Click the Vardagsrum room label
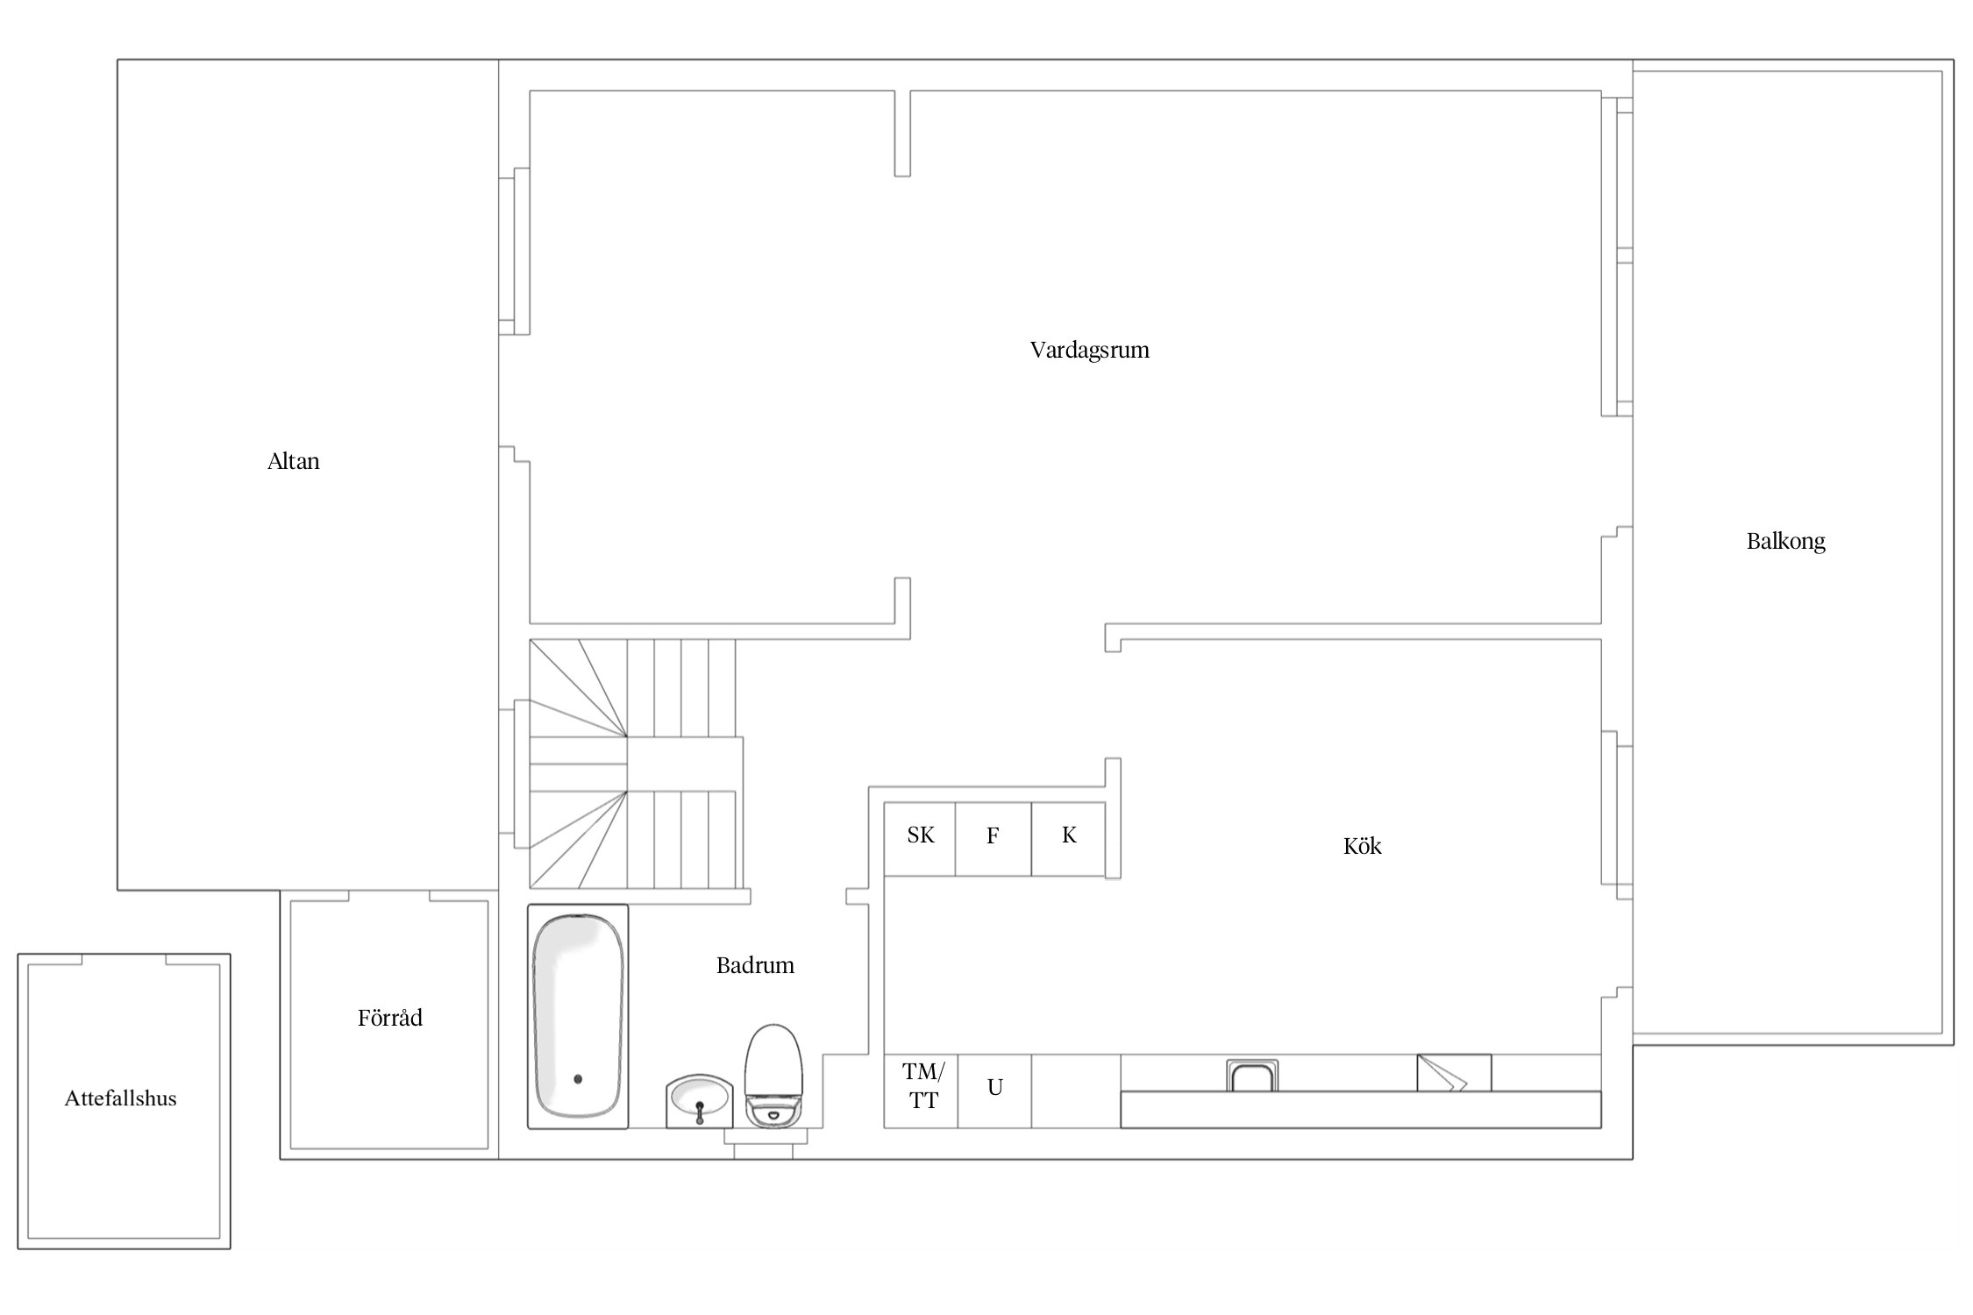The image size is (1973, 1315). point(1089,351)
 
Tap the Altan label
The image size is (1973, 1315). point(293,461)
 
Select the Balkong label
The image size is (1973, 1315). point(1785,542)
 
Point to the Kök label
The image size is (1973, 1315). point(1362,846)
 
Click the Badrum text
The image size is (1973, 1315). point(755,965)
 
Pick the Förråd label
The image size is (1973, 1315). point(389,1017)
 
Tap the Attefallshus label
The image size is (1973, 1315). point(120,1098)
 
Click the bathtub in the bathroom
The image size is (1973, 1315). point(578,1016)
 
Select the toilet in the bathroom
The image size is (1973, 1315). point(773,1076)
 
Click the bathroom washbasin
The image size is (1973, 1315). point(699,1101)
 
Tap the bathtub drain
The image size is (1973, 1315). point(578,1079)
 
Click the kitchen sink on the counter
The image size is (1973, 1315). point(1252,1076)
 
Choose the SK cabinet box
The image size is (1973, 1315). point(920,839)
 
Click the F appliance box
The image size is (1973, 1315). point(994,839)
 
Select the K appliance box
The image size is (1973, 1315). point(1068,839)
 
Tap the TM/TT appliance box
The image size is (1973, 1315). point(921,1091)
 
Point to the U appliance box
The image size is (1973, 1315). point(994,1091)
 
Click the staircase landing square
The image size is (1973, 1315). point(685,764)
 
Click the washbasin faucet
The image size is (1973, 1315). point(700,1112)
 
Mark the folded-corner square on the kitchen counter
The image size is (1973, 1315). point(1454,1073)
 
